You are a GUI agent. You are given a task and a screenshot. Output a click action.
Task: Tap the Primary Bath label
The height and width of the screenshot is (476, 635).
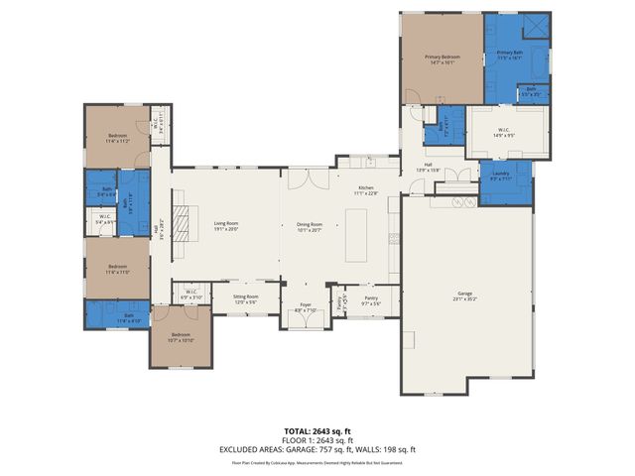coord(510,55)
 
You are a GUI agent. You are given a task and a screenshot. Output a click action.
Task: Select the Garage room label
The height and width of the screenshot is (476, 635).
coord(464,297)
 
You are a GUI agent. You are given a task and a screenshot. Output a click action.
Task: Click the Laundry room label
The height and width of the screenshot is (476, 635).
coord(500,177)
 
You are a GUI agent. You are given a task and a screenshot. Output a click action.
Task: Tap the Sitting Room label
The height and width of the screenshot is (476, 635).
coord(245,297)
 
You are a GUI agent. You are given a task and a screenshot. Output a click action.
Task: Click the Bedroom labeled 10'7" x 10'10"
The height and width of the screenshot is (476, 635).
coord(181,337)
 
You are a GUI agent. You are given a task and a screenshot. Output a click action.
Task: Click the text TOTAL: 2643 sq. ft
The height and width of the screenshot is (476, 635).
coord(317,431)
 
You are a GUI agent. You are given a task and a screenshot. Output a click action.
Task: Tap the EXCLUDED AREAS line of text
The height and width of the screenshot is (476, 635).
coord(317,449)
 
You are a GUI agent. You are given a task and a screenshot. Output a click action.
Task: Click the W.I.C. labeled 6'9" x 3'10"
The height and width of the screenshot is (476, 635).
coord(190,294)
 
